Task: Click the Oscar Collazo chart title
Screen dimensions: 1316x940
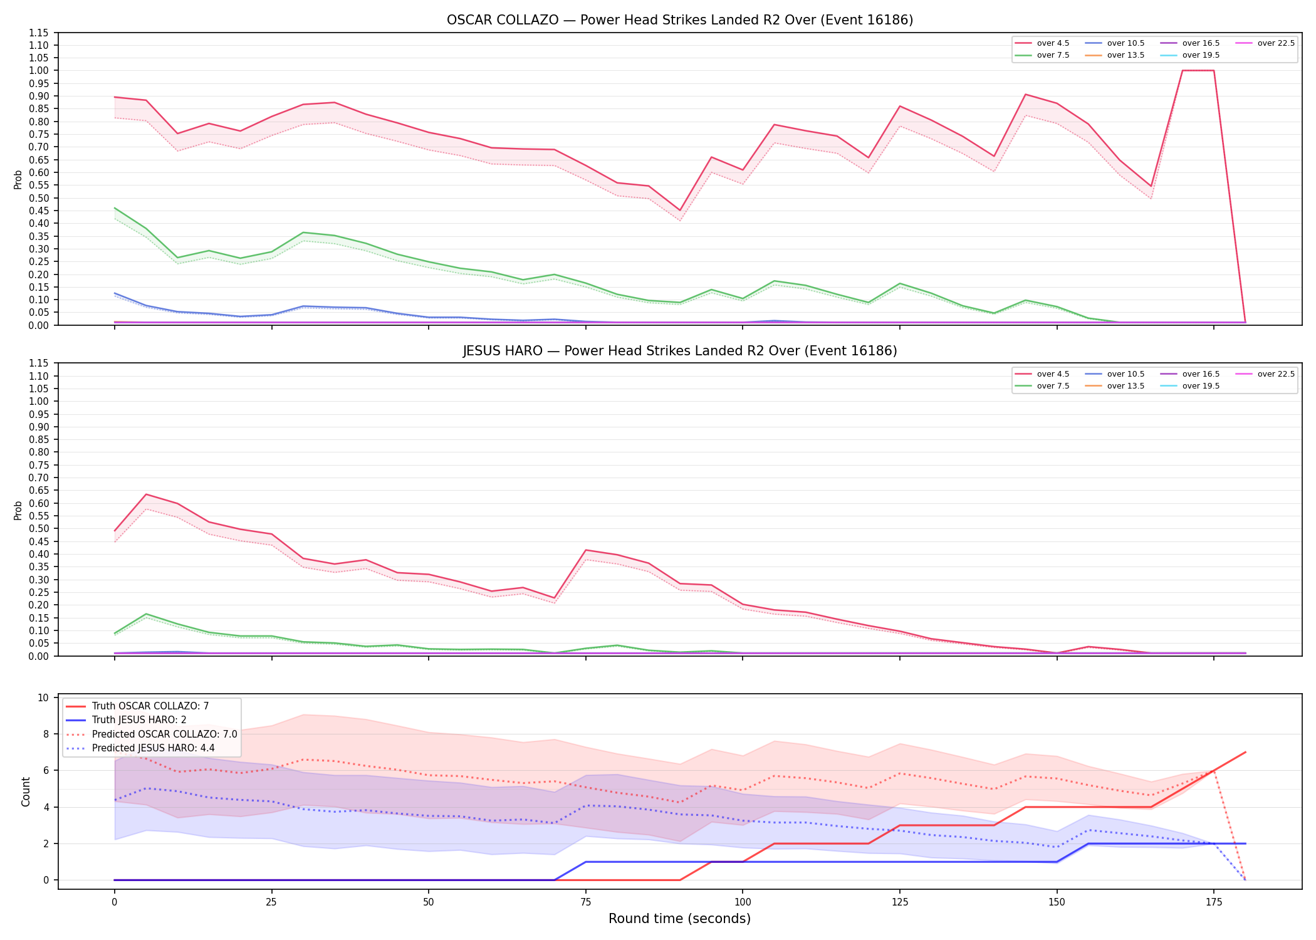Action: click(680, 20)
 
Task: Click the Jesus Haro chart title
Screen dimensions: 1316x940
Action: click(680, 351)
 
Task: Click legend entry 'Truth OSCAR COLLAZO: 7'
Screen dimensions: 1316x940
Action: click(150, 706)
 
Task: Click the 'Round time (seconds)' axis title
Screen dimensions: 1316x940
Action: click(679, 919)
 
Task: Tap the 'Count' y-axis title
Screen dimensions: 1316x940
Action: click(26, 791)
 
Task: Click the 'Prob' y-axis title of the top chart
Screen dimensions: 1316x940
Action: click(18, 179)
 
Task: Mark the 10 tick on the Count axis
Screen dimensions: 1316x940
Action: click(43, 697)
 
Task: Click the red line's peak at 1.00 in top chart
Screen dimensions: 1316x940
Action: click(1198, 70)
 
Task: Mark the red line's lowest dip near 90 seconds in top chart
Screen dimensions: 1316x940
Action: click(680, 210)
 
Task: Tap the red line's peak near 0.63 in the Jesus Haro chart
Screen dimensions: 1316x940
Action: click(146, 494)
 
